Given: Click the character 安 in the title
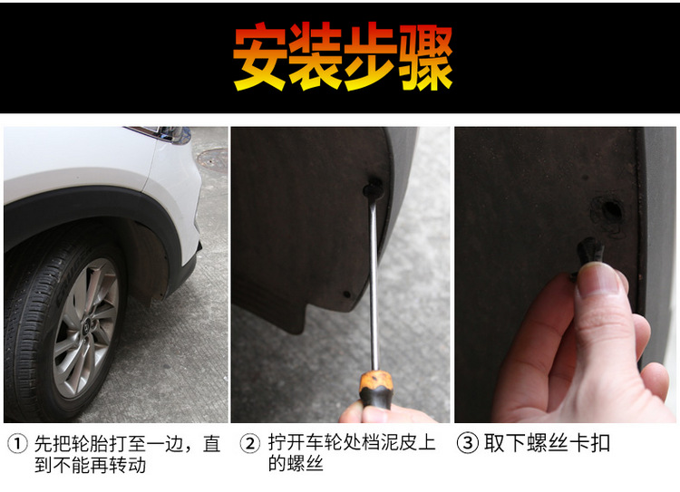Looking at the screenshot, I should (260, 56).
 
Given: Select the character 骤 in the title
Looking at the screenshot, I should (423, 56).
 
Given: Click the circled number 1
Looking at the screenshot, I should (16, 445).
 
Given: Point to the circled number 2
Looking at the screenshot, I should (249, 445).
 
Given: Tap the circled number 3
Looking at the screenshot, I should (467, 445).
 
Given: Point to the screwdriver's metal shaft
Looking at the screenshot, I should (373, 281).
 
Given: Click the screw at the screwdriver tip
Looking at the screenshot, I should (372, 190).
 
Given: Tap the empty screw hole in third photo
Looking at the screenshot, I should (608, 214).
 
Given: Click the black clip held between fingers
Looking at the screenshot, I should (592, 253).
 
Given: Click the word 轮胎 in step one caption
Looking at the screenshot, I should (89, 445).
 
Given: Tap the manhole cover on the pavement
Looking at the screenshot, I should (210, 158).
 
